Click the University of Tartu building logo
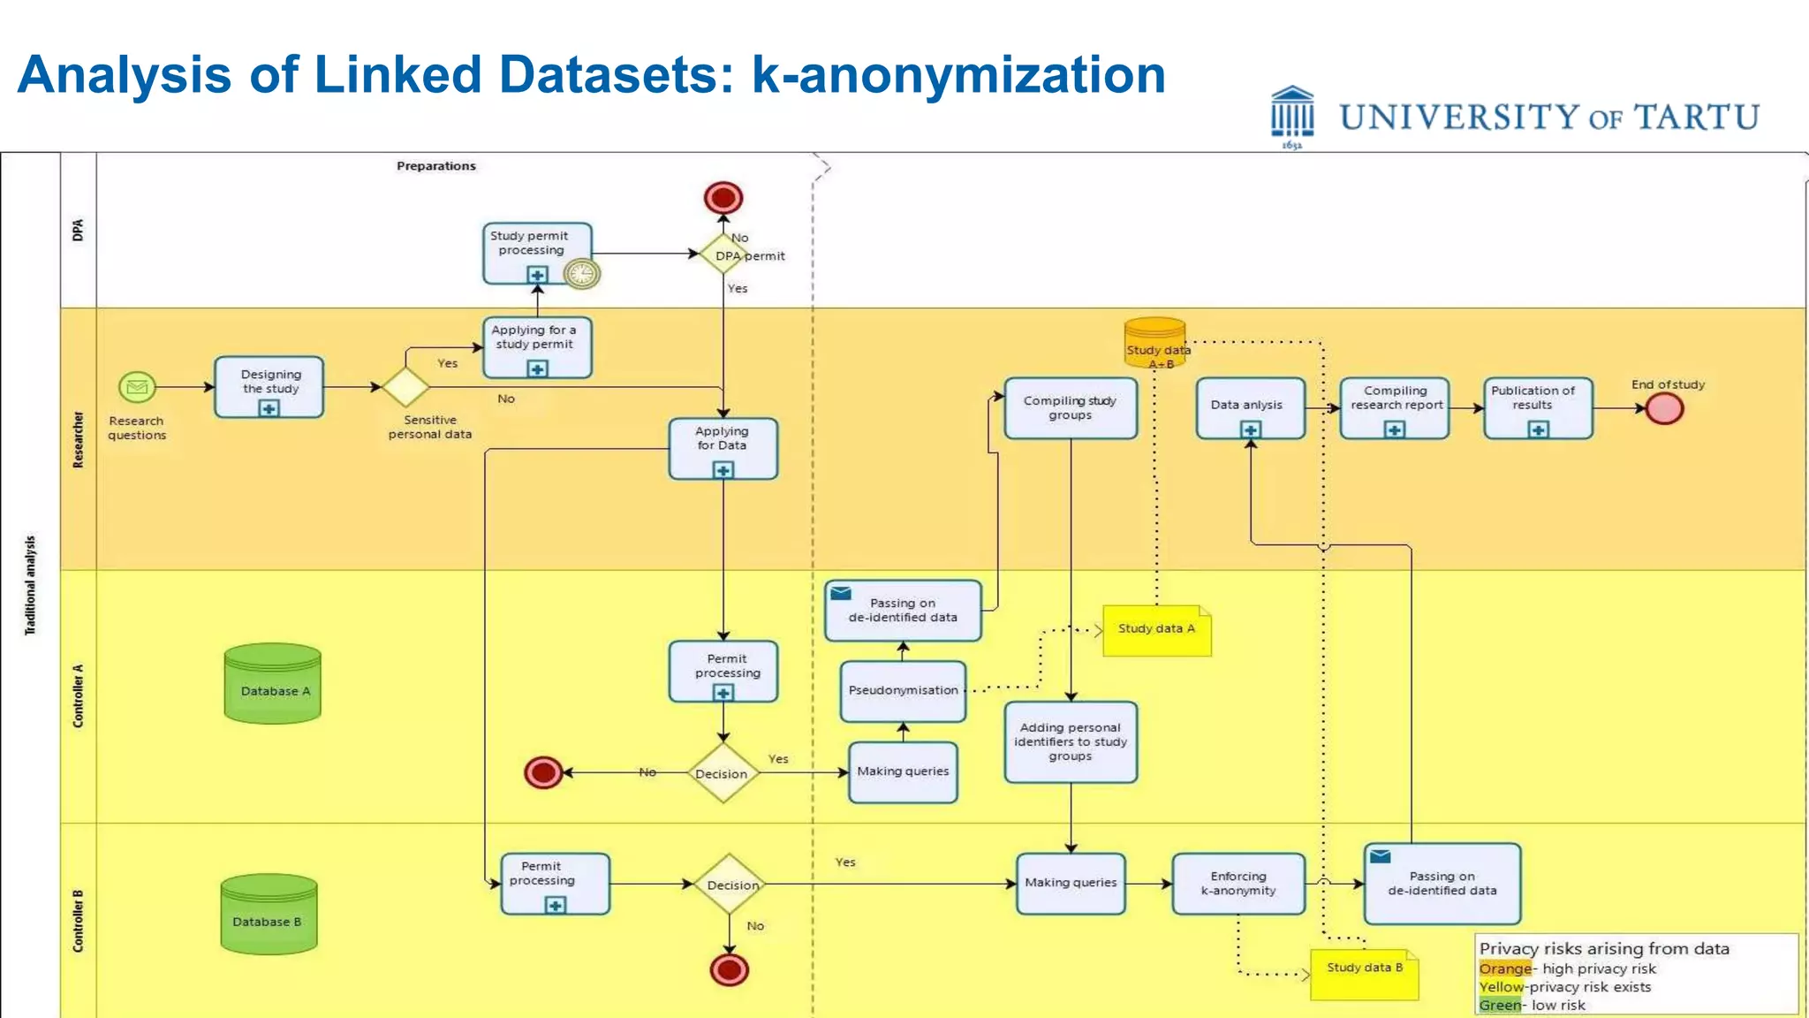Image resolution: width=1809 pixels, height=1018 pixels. point(1292,115)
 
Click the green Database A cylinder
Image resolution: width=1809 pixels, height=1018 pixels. point(273,684)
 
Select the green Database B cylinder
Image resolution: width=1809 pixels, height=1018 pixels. point(269,915)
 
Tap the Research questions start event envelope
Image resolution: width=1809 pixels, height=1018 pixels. point(137,387)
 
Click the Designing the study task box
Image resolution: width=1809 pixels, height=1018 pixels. point(269,387)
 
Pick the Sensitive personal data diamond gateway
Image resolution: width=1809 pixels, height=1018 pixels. point(405,387)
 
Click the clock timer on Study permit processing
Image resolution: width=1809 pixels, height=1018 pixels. point(581,274)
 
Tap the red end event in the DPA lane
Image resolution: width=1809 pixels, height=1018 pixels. point(723,198)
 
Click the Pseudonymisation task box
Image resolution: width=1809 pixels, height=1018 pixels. point(903,690)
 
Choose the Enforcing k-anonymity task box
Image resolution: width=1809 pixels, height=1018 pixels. point(1238,883)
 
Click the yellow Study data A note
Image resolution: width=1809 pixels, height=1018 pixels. point(1156,630)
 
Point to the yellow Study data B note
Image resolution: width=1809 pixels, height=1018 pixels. point(1364,974)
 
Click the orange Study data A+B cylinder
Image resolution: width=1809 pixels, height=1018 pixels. point(1154,343)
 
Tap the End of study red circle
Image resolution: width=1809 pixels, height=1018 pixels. point(1664,408)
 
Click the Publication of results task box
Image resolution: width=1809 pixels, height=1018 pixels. point(1538,407)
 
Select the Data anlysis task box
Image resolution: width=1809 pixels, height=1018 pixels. point(1250,407)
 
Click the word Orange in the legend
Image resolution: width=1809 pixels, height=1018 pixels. point(1505,969)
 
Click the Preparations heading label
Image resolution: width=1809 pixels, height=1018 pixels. point(436,166)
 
